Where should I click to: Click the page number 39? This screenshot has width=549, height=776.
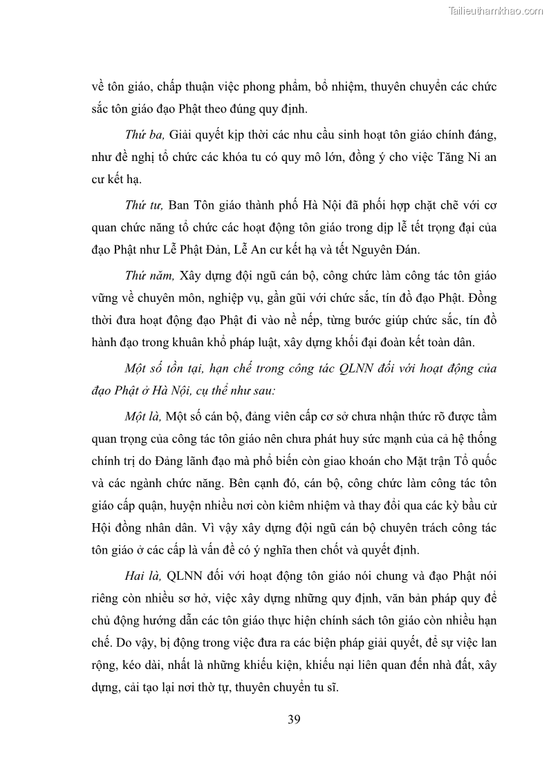(294, 719)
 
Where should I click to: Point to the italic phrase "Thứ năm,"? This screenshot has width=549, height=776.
(149, 276)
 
